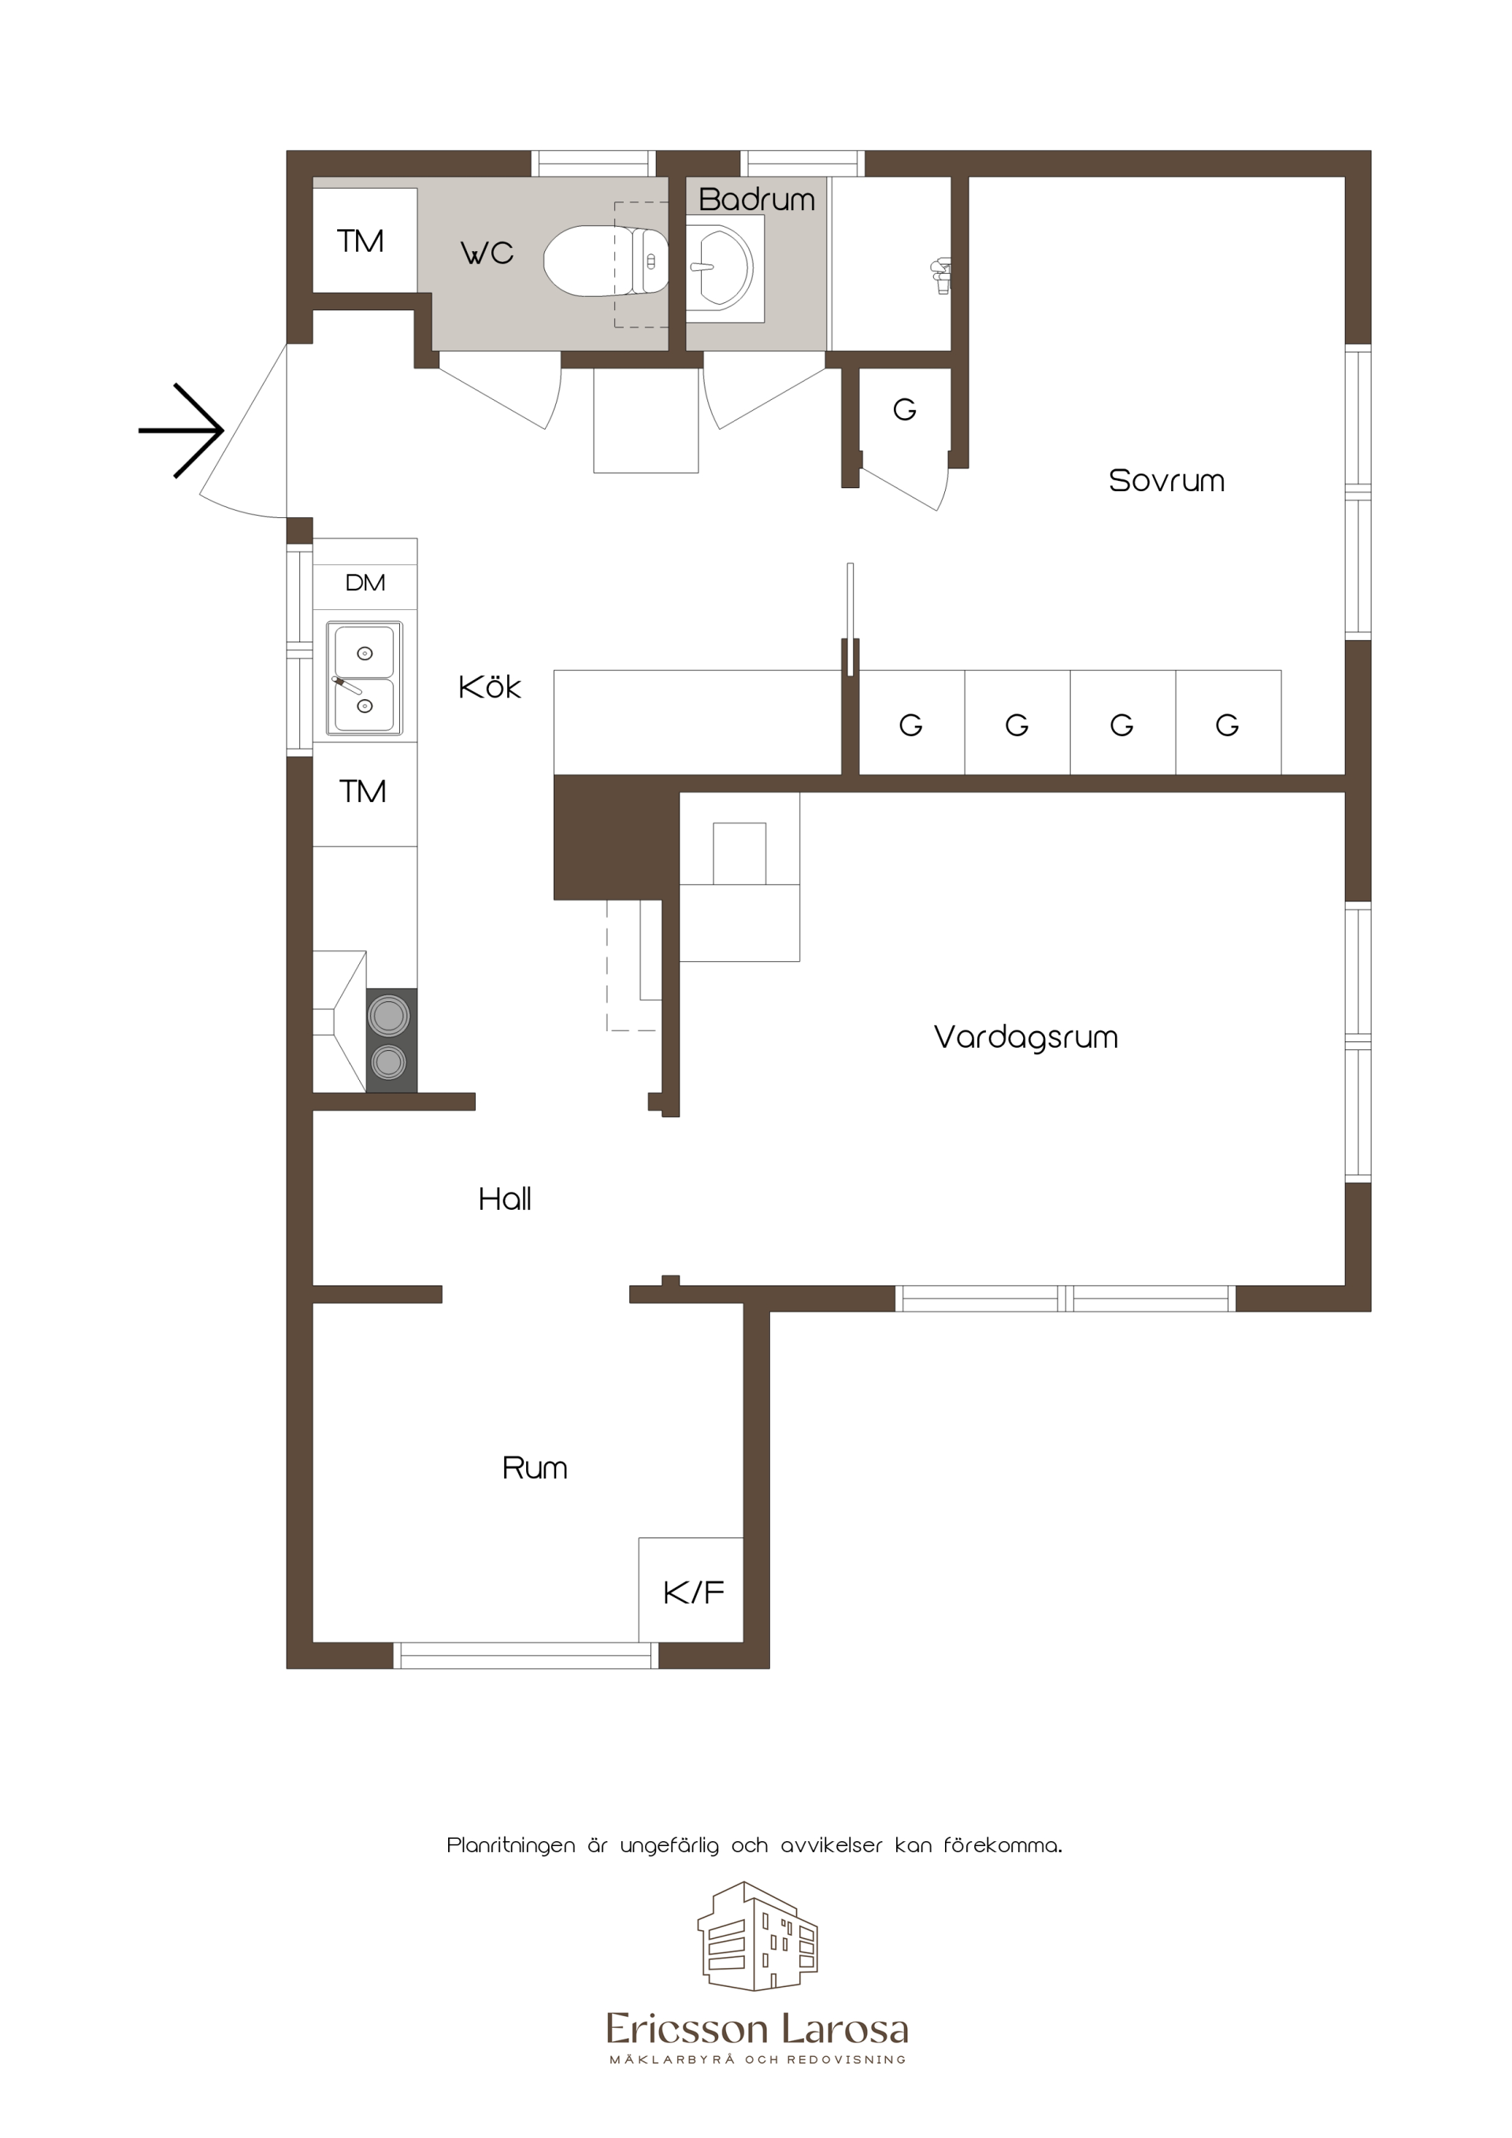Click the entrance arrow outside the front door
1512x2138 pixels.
coord(182,431)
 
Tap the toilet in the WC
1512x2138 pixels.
coord(606,261)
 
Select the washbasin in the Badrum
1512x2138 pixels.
coord(720,268)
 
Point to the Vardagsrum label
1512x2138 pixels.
coord(1025,1038)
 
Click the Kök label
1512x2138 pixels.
coord(490,687)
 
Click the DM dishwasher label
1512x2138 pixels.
coord(365,583)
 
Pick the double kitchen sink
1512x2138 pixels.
coord(365,679)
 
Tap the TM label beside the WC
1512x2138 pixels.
coord(361,241)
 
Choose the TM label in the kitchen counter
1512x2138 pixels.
coord(363,791)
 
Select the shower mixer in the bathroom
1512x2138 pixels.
coord(941,276)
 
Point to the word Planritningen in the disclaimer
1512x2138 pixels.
coord(511,1846)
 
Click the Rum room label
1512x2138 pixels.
coord(535,1467)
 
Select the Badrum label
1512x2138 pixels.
coord(757,199)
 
